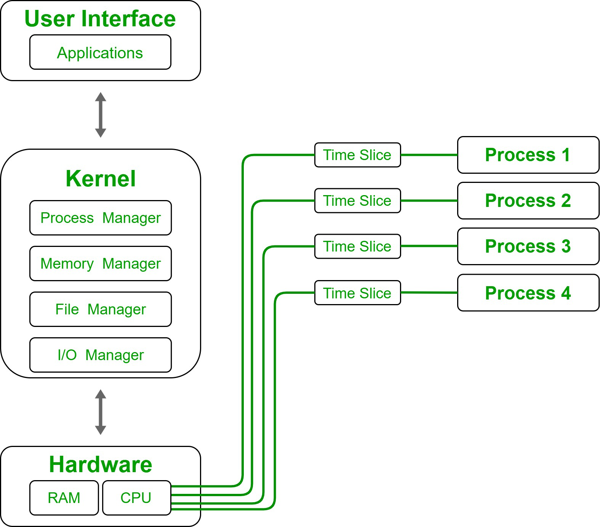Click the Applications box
pyautogui.click(x=100, y=52)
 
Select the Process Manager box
pyautogui.click(x=101, y=218)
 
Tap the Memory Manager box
pyautogui.click(x=101, y=263)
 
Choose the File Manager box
pyautogui.click(x=101, y=309)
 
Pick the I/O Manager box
pyautogui.click(x=101, y=355)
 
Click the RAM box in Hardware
pyautogui.click(x=64, y=498)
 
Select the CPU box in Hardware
pyautogui.click(x=136, y=498)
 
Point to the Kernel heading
pyautogui.click(x=101, y=178)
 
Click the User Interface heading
pyautogui.click(x=100, y=19)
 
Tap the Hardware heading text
pyautogui.click(x=101, y=465)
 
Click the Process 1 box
pyautogui.click(x=528, y=155)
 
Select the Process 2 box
pyautogui.click(x=528, y=200)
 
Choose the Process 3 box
pyautogui.click(x=528, y=246)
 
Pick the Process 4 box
pyautogui.click(x=528, y=293)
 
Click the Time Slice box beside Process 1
pyautogui.click(x=357, y=155)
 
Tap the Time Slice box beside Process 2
pyautogui.click(x=357, y=200)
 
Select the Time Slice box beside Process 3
pyautogui.click(x=357, y=246)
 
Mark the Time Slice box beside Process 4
pyautogui.click(x=357, y=293)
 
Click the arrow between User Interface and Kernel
pyautogui.click(x=101, y=115)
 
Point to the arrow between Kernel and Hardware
pyautogui.click(x=101, y=412)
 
